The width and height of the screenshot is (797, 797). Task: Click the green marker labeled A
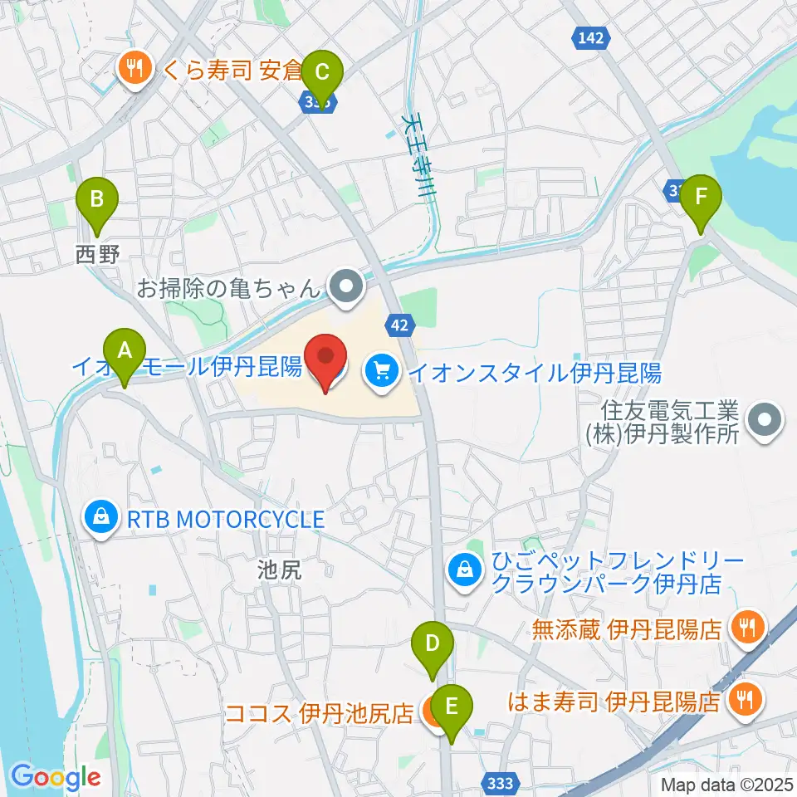125,356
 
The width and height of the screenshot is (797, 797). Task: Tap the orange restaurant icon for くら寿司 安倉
133,67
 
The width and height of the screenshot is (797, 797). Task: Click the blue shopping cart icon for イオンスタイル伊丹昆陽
381,369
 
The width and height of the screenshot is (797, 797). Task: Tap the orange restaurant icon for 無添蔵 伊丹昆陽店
746,626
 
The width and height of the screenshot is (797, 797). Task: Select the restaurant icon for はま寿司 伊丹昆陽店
745,701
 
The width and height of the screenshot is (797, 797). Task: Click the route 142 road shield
591,37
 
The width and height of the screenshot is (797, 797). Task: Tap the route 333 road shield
500,782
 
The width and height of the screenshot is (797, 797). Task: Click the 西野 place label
98,255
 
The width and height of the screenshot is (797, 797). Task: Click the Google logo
56,778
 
